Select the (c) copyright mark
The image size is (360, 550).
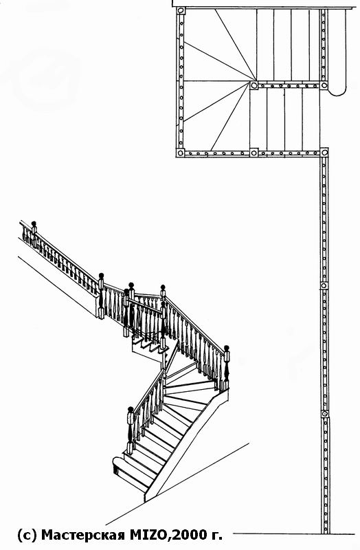[x=27, y=536]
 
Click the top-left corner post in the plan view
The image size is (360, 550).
[x=181, y=10]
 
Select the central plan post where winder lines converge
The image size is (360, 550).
[x=254, y=85]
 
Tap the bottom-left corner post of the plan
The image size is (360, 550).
[x=180, y=153]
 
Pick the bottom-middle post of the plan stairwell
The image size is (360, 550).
[x=254, y=153]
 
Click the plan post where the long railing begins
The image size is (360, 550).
[x=324, y=153]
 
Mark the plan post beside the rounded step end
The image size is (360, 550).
[x=324, y=85]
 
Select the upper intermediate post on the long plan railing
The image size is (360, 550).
[x=324, y=286]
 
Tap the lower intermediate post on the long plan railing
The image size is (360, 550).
[x=325, y=414]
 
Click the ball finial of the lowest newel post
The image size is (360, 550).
[x=131, y=409]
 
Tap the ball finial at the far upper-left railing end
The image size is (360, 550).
[x=34, y=223]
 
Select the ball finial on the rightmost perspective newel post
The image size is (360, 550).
[x=227, y=348]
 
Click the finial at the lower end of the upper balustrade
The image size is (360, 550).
[x=101, y=276]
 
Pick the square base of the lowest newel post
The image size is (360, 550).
[x=130, y=448]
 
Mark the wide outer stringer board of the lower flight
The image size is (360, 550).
[x=185, y=445]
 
